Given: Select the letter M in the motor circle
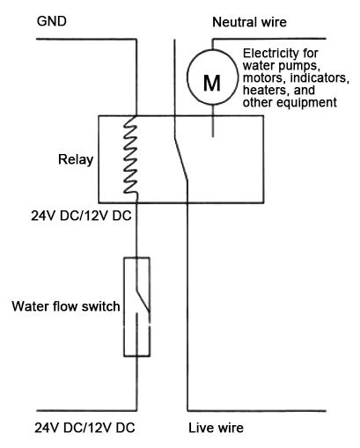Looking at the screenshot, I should (212, 83).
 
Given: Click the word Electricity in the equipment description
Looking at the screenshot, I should (269, 51).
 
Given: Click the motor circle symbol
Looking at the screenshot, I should (212, 83).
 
